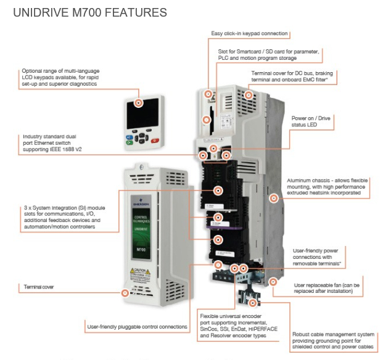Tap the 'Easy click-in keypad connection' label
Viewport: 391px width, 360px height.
point(250,34)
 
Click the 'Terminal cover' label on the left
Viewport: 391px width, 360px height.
point(41,287)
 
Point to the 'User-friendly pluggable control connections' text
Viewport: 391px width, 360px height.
point(137,327)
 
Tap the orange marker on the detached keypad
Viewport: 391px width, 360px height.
point(138,103)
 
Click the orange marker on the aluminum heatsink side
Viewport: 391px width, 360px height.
point(274,198)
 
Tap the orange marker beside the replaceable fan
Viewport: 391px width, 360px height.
point(273,282)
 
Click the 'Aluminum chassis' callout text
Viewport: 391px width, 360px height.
point(327,187)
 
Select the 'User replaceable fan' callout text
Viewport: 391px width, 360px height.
point(332,289)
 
